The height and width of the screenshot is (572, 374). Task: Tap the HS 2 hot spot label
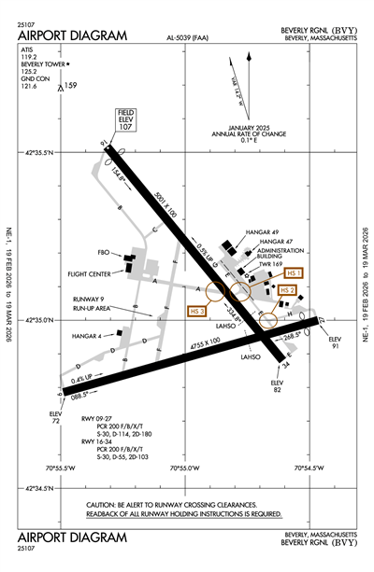[x=288, y=290]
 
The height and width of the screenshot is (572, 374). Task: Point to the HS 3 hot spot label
[x=197, y=311]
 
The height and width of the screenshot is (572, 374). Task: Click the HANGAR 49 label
[x=263, y=231]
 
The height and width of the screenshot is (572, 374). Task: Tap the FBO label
[x=104, y=252]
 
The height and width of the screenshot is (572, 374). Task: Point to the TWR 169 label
[x=270, y=264]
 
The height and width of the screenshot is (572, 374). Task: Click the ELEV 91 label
[x=335, y=342]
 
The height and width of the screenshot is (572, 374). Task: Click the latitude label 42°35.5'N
[x=40, y=151]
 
